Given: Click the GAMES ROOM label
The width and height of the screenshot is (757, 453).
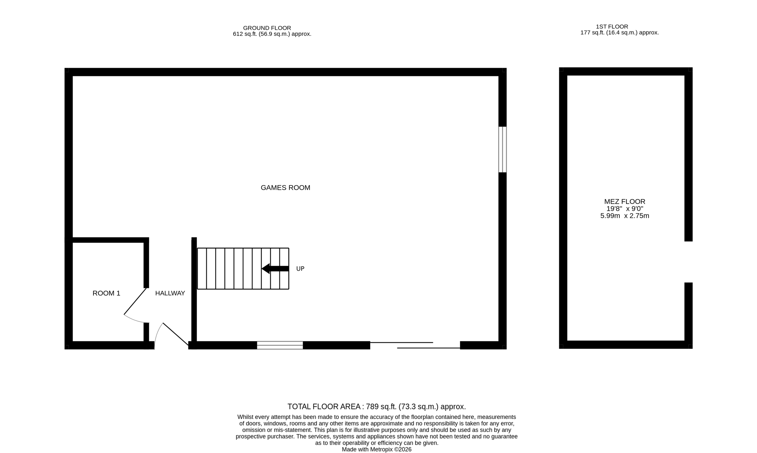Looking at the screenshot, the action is pos(285,188).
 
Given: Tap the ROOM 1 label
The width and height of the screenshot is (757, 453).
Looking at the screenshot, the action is pos(106,293).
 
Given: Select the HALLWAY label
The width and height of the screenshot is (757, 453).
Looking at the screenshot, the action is pos(170,293).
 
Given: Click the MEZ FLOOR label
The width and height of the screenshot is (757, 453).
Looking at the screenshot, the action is pos(625,202).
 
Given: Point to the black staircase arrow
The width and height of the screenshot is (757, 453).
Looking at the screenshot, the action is pos(275,268).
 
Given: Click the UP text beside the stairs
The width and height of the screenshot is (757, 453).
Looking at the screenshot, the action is pos(300,269).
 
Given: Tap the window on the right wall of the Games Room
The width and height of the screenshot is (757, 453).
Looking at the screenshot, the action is pos(502,150).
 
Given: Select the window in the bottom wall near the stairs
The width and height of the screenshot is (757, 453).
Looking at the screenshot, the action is pos(280,345).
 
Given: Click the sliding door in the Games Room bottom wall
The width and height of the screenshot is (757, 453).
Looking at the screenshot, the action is pos(415,345).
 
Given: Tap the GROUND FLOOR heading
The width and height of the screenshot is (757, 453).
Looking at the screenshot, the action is pos(267,28).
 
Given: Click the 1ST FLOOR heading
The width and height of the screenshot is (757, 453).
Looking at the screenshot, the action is pos(612,27).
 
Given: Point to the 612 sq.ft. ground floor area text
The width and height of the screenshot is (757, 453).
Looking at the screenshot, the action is pos(272,34).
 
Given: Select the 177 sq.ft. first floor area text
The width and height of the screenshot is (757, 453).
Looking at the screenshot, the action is pos(619,32).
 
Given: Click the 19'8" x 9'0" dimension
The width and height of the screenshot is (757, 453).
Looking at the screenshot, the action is pos(625,209).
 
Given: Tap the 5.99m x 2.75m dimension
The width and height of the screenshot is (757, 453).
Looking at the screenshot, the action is pos(625,216).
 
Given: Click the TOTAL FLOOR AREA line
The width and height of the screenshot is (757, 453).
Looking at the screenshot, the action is pos(377,406).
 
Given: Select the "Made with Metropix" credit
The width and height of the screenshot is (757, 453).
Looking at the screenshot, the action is pos(376,449).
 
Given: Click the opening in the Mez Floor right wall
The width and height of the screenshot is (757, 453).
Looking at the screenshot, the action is pos(688,262).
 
